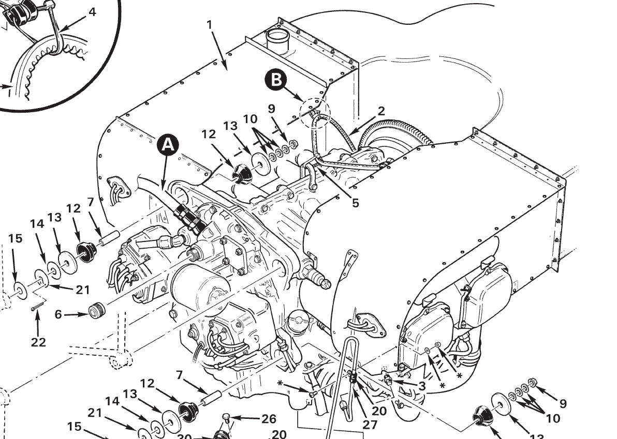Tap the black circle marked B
click(277, 80)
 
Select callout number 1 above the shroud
click(209, 24)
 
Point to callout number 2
click(381, 111)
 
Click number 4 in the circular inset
click(92, 11)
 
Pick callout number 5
click(355, 203)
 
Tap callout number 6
click(58, 314)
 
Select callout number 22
click(38, 342)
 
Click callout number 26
click(268, 419)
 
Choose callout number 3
click(422, 386)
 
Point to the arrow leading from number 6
click(76, 314)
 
